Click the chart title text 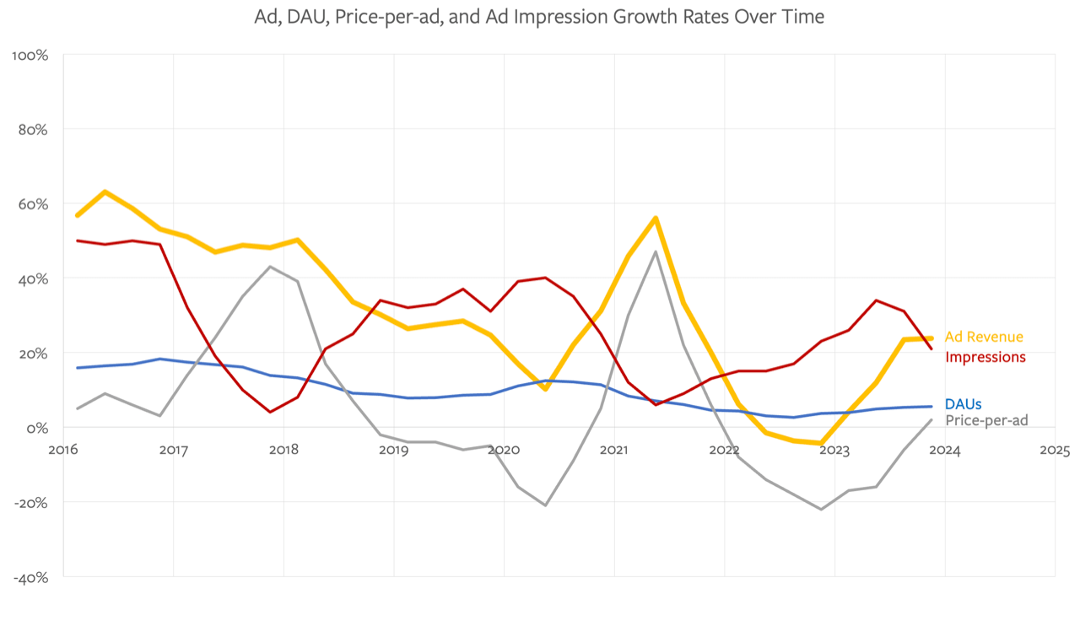(539, 16)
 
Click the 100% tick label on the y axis (30, 56)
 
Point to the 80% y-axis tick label (32, 130)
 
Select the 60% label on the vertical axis (32, 204)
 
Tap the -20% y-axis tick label (30, 502)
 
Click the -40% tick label (30, 577)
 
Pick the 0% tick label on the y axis (37, 428)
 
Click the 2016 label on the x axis (63, 451)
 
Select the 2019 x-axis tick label (393, 451)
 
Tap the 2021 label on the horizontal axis (613, 451)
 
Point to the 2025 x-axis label (1055, 451)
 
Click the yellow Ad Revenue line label (984, 337)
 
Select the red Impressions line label (985, 357)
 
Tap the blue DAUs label (963, 405)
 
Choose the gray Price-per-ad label (986, 420)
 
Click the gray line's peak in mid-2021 (656, 251)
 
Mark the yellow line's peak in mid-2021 (656, 218)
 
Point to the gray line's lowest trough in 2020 (546, 505)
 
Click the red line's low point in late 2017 (269, 412)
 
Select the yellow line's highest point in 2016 (105, 192)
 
